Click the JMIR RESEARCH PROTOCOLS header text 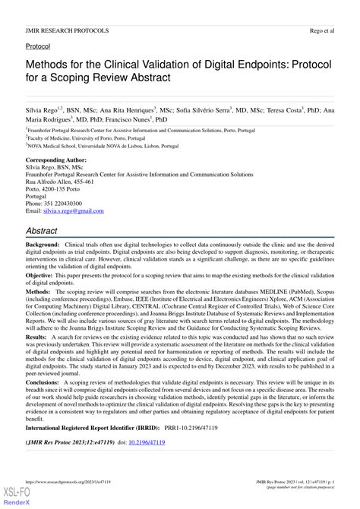66,30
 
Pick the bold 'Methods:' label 39,292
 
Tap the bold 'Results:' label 37,335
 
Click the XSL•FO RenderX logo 17,498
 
